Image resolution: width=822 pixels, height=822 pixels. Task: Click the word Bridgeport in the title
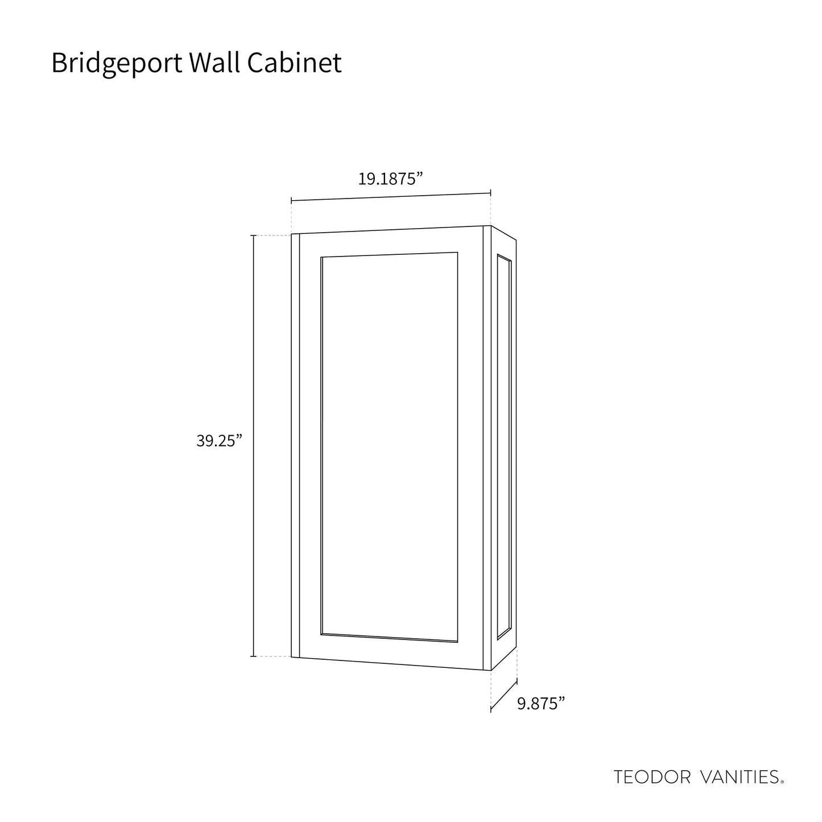pyautogui.click(x=117, y=64)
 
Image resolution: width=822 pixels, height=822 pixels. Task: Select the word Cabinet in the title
pyautogui.click(x=294, y=63)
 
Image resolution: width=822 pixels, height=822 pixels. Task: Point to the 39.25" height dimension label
pyautogui.click(x=219, y=441)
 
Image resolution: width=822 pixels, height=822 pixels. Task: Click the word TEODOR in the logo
pyautogui.click(x=652, y=777)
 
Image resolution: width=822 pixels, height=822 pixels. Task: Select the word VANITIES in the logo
pyautogui.click(x=740, y=777)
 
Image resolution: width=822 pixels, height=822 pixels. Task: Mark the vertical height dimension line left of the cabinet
pyautogui.click(x=253, y=451)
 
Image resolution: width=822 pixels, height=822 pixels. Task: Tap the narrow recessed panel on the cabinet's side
pyautogui.click(x=504, y=448)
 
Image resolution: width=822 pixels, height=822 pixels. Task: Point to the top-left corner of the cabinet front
pyautogui.click(x=291, y=234)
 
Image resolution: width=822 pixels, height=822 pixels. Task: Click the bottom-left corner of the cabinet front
pyautogui.click(x=291, y=668)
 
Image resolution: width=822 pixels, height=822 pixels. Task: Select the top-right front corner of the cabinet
pyautogui.click(x=491, y=226)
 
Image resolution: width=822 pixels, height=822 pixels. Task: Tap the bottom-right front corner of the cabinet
pyautogui.click(x=491, y=683)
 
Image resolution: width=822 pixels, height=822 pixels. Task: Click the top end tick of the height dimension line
pyautogui.click(x=253, y=235)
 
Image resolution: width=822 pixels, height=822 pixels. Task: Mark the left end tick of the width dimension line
pyautogui.click(x=291, y=200)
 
